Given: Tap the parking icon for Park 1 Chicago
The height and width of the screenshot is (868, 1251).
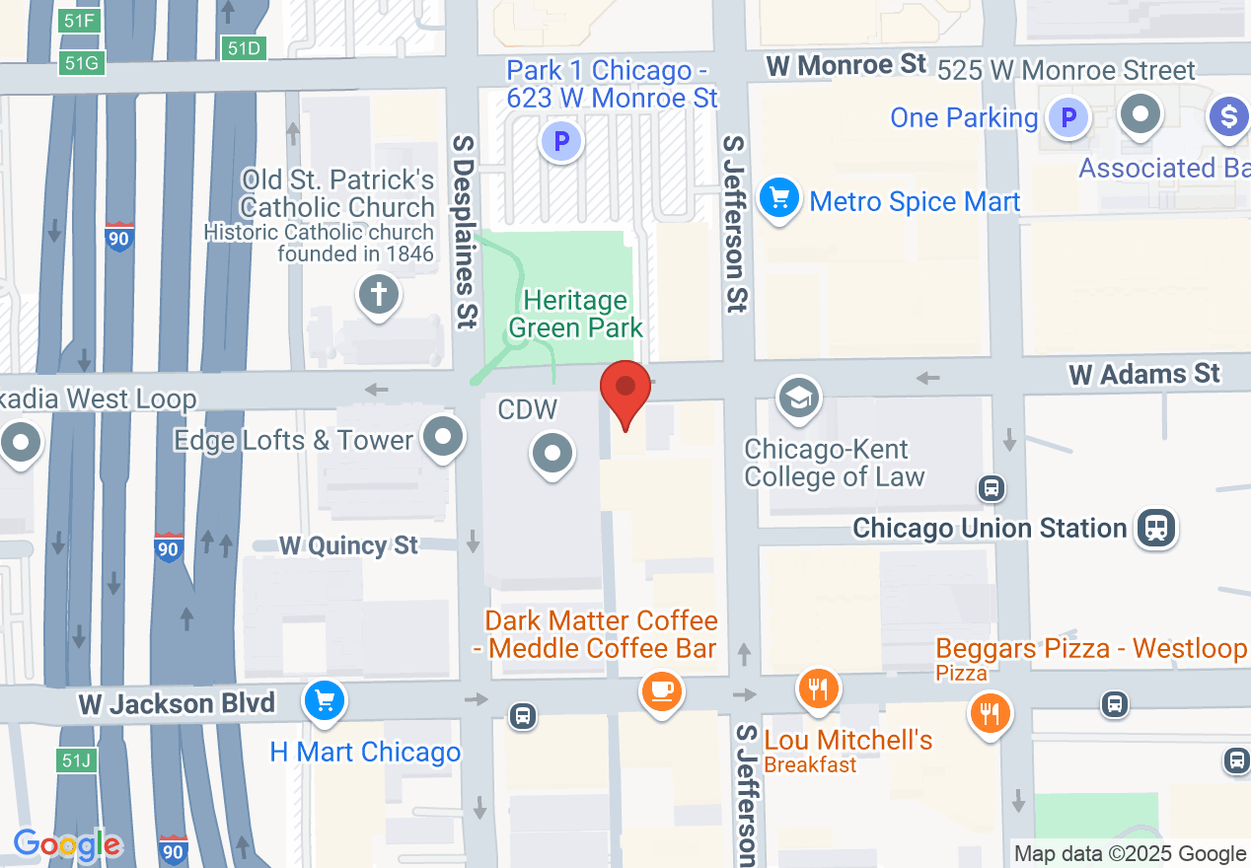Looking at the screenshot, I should [x=561, y=142].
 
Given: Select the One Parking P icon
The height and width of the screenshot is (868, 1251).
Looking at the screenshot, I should [x=1067, y=118].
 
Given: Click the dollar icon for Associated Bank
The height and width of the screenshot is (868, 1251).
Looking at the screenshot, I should [x=1228, y=116].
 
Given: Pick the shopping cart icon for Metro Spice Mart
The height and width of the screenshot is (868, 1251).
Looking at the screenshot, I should [x=779, y=198].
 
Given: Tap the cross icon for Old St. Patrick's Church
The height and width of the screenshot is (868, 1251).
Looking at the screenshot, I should [x=378, y=294].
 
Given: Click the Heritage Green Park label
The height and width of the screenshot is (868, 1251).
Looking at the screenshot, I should [x=576, y=314].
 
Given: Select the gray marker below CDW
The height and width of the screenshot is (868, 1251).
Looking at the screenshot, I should [x=552, y=455].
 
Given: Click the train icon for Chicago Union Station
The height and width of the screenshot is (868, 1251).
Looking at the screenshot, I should [x=1155, y=527].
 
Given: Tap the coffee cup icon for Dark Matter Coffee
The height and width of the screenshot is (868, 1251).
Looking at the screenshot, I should [x=661, y=689].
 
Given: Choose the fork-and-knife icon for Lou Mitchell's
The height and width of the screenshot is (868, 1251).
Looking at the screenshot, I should [x=818, y=687].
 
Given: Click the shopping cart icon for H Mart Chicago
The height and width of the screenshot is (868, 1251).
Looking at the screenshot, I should [x=324, y=701].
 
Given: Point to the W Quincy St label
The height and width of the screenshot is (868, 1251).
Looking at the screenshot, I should [x=348, y=545].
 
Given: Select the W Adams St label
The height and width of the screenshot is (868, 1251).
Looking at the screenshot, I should [x=1144, y=374].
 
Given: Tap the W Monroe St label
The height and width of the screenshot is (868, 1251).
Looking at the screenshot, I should [x=846, y=65].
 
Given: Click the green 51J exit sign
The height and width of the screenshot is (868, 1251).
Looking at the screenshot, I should [x=76, y=759].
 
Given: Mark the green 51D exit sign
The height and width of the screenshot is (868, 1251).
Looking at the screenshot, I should [x=244, y=47].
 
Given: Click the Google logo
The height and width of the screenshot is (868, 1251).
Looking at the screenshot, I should [x=67, y=844].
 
